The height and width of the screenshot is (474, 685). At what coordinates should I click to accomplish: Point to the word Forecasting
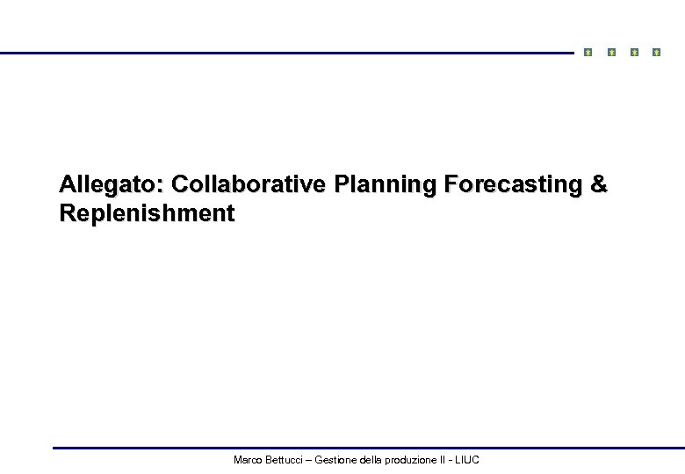[514, 185]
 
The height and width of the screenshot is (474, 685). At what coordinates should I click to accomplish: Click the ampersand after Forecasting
[598, 185]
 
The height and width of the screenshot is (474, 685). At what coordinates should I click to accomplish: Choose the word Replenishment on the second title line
[147, 213]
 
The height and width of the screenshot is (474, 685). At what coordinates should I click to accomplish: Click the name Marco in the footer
[248, 460]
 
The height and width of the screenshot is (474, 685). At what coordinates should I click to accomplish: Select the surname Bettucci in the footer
[285, 460]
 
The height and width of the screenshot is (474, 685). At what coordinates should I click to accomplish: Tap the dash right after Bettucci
[308, 460]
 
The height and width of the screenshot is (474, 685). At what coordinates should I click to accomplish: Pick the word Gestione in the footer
[335, 460]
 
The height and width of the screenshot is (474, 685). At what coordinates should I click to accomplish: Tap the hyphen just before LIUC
[451, 460]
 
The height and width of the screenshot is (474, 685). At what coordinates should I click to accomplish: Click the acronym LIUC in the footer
[467, 460]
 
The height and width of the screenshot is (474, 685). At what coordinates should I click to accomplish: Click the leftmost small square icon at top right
[588, 53]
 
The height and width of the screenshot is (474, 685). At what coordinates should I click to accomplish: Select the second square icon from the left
[611, 53]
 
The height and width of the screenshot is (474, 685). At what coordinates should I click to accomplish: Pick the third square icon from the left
[634, 53]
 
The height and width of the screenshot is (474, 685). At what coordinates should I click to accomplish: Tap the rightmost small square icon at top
[656, 53]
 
